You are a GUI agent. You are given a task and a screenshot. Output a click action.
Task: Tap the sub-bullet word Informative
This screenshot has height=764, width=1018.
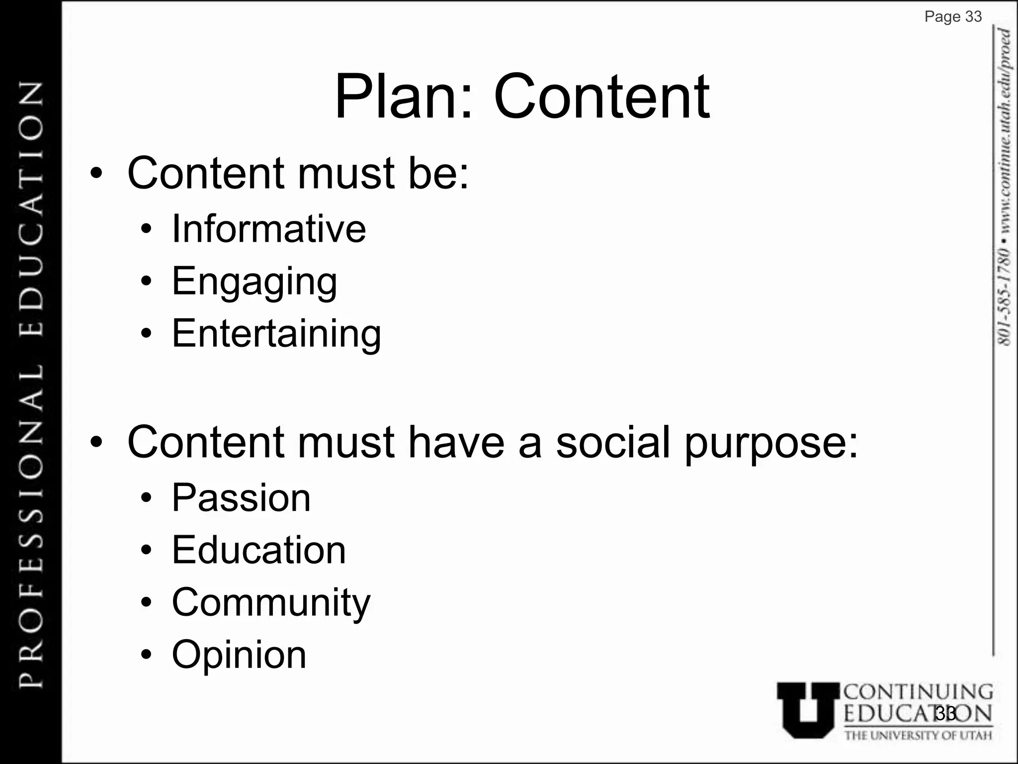(268, 229)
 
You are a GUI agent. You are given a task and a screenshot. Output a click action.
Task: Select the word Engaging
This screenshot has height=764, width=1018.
(254, 282)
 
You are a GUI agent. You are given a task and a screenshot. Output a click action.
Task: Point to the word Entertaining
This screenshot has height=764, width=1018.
(276, 334)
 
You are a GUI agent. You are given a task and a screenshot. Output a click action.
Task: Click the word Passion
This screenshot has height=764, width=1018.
(241, 498)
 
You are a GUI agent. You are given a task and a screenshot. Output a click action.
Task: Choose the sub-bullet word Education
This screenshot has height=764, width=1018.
(258, 550)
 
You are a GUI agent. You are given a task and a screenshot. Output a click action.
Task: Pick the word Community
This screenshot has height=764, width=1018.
(271, 603)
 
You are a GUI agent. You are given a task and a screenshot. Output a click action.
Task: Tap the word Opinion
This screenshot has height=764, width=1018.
(239, 655)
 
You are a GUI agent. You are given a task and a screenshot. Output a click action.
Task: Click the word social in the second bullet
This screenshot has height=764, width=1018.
(613, 442)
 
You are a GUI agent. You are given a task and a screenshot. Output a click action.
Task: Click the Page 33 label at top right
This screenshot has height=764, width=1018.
(953, 17)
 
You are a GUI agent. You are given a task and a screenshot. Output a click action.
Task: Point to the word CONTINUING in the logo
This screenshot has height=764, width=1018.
(919, 692)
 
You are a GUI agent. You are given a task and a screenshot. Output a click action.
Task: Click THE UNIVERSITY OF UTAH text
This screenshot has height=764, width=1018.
(918, 735)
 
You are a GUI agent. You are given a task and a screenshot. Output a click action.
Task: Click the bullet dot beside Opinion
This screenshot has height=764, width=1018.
(146, 655)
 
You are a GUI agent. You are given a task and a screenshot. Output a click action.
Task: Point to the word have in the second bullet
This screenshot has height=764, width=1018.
(456, 442)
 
